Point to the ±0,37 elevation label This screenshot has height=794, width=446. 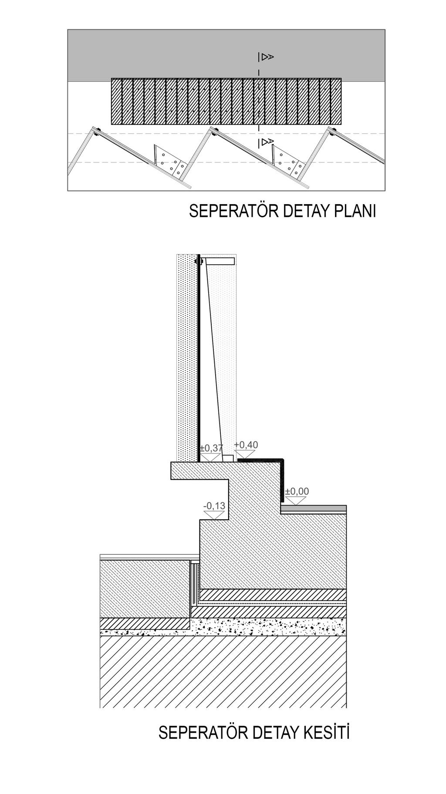(211, 447)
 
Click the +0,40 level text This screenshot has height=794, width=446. (246, 444)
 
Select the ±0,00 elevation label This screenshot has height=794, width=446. (297, 491)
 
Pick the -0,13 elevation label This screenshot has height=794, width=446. (214, 505)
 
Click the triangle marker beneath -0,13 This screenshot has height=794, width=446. (214, 515)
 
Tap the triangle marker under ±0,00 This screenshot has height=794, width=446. (296, 500)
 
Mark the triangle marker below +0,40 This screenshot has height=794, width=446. (246, 454)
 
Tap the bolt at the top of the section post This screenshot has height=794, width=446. (199, 261)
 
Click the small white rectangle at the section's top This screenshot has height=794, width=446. (220, 261)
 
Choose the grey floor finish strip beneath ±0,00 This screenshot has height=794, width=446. (314, 508)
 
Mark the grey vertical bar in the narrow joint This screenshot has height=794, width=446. (193, 583)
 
